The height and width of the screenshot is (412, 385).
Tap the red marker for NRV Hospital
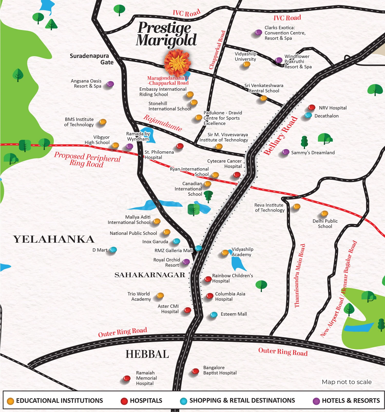(x=312, y=107)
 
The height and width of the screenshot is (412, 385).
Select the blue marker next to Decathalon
(x=308, y=115)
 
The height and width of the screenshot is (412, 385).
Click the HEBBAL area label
(x=147, y=354)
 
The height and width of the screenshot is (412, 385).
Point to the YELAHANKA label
(x=54, y=239)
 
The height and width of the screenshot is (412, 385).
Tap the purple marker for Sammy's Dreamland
(x=286, y=152)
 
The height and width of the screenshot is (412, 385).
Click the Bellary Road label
(x=281, y=136)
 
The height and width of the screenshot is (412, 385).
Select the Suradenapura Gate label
(x=91, y=59)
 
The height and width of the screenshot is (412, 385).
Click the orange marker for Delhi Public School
(x=324, y=213)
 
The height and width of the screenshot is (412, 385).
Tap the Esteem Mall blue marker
(x=214, y=314)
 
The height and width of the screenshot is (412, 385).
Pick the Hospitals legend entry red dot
(x=124, y=401)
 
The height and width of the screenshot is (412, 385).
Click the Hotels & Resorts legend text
(x=351, y=400)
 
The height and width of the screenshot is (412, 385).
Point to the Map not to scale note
(x=346, y=382)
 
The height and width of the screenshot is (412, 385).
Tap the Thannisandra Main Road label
(x=300, y=276)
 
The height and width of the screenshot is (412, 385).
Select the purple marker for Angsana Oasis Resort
(x=110, y=84)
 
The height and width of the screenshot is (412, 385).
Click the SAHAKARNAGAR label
(x=150, y=275)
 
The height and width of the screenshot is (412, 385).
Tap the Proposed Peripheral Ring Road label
(x=87, y=160)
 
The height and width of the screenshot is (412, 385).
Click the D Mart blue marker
(x=113, y=249)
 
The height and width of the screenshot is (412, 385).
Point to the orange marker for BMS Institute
(x=103, y=121)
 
